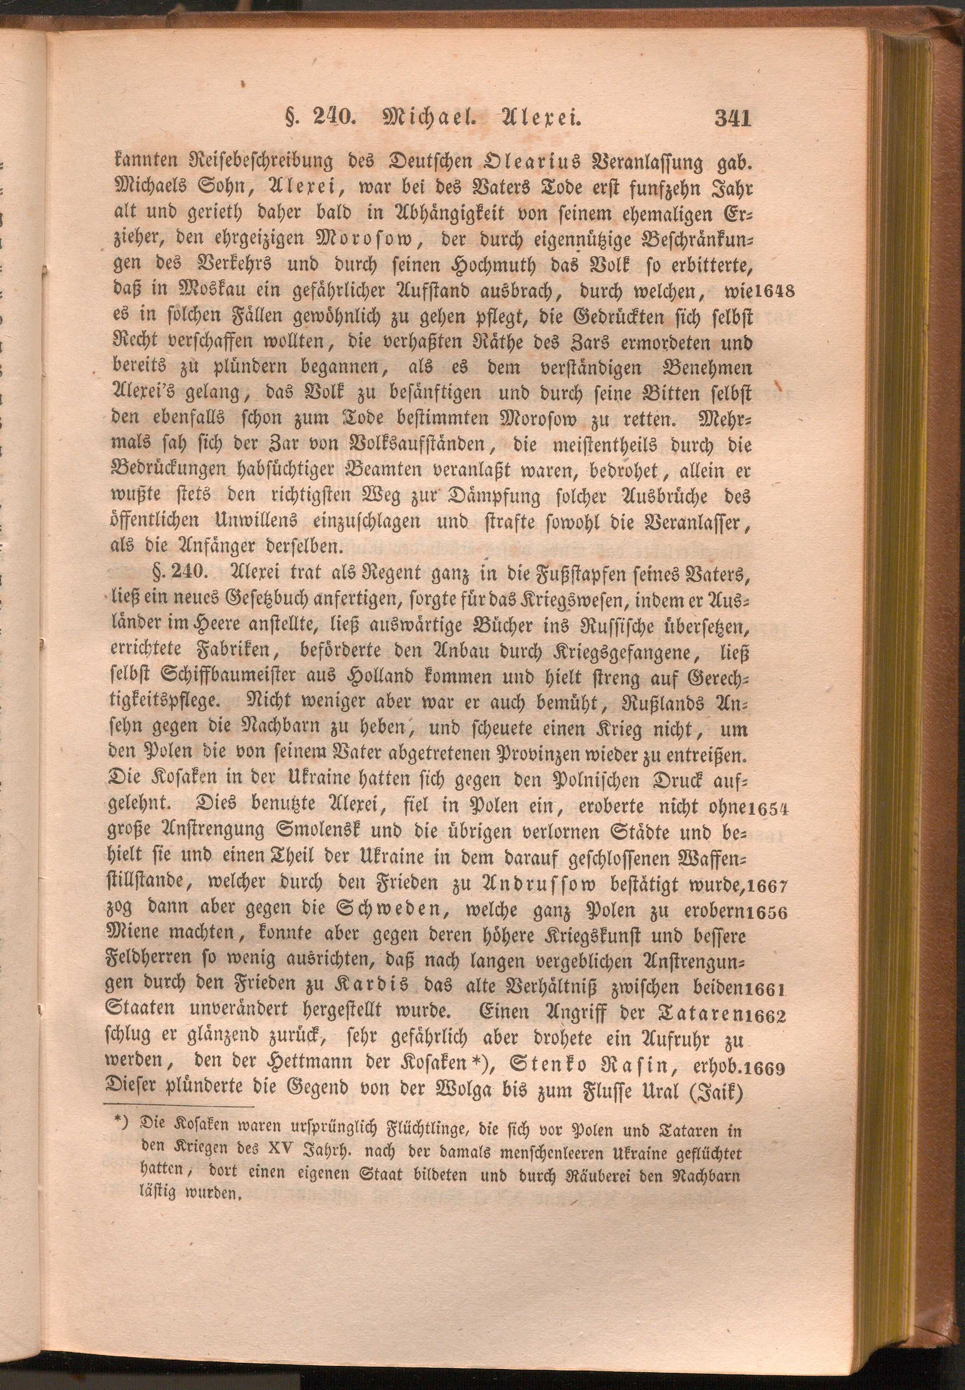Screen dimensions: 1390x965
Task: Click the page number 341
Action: coord(733,117)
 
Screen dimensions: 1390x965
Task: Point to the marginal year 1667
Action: coord(766,886)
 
